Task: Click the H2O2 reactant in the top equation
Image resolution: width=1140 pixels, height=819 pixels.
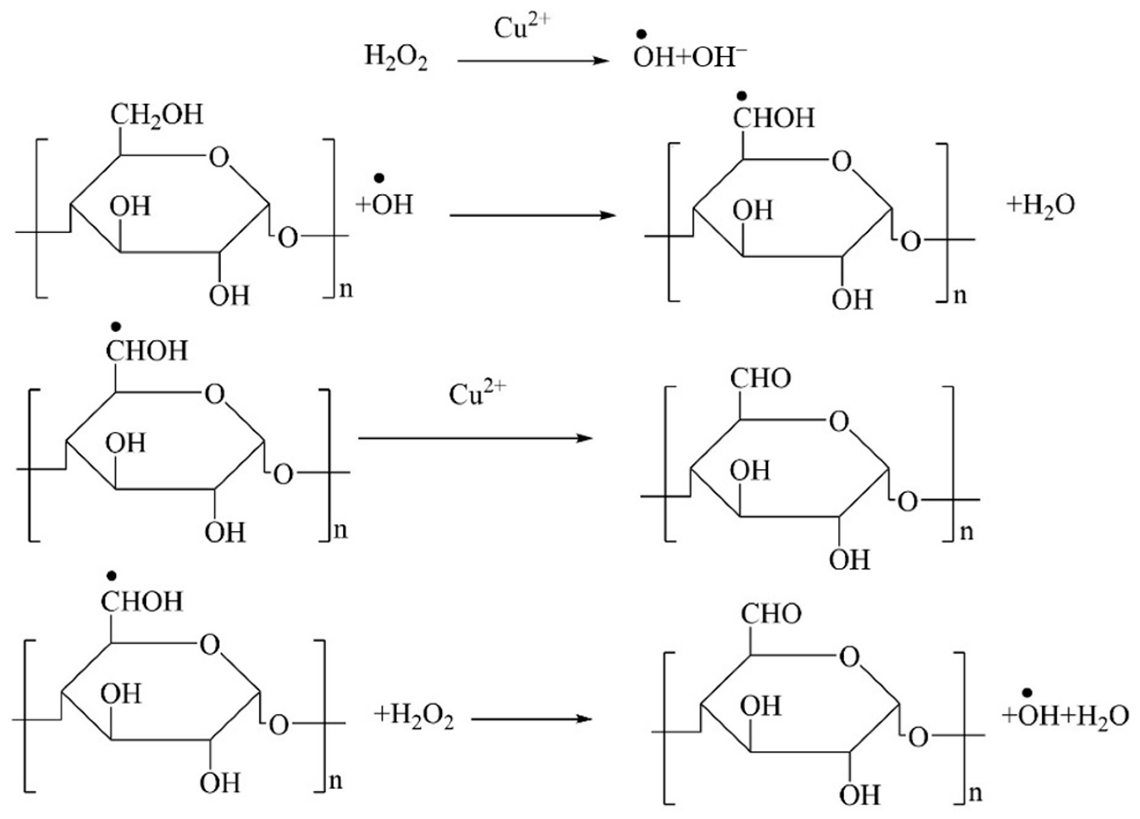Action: [x=396, y=58]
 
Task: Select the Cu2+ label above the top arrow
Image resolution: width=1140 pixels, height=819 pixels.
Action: [x=522, y=28]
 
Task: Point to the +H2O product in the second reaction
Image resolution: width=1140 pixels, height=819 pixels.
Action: [x=1040, y=205]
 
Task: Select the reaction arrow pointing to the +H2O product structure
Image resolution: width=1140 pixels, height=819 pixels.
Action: [x=533, y=215]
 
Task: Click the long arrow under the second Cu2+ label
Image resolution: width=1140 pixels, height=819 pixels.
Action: [x=475, y=438]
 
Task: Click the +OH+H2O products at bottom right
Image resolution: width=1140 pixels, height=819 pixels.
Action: [x=1065, y=716]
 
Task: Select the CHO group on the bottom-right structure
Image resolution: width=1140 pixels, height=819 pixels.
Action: [x=772, y=614]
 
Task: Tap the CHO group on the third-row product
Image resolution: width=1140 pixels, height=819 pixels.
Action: [x=760, y=378]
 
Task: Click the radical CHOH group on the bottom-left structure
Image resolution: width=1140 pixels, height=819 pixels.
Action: [x=142, y=602]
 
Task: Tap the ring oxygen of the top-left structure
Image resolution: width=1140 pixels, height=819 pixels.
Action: [x=219, y=157]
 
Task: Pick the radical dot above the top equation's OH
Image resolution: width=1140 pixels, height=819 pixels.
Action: [x=642, y=35]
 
